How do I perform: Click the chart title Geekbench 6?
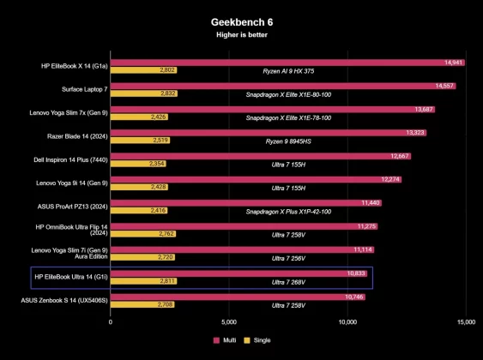click(241, 21)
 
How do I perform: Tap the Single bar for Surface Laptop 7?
click(143, 93)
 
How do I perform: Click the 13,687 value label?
click(424, 110)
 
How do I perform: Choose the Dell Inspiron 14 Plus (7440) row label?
click(71, 159)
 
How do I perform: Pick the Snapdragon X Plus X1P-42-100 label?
click(288, 210)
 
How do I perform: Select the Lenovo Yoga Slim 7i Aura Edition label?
click(71, 253)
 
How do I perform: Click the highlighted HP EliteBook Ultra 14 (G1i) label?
click(71, 276)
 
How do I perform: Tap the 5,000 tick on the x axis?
click(229, 322)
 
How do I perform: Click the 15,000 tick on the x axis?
click(466, 322)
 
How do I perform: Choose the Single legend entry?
click(258, 340)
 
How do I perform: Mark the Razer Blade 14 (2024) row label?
click(71, 136)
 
